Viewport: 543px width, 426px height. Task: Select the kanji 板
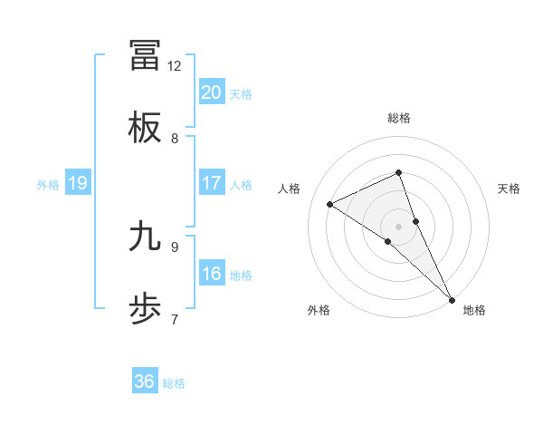tap(146, 128)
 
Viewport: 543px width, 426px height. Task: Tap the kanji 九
tap(146, 237)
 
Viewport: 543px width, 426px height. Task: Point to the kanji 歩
tap(146, 310)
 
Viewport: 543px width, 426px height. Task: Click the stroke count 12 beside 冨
tap(175, 66)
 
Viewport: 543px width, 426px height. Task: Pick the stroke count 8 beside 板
tap(175, 139)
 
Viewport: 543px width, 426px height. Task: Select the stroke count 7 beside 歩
tap(175, 319)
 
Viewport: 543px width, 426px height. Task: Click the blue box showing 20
tap(212, 92)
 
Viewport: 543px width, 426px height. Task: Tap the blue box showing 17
tap(212, 183)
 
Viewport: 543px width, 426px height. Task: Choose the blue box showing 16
tap(212, 274)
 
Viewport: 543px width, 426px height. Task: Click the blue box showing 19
tap(78, 183)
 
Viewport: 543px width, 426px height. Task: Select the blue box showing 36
tap(145, 382)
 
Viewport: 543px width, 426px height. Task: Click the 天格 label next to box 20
tap(241, 94)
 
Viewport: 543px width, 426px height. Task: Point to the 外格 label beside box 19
tap(48, 185)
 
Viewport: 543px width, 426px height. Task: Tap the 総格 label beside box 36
tap(174, 383)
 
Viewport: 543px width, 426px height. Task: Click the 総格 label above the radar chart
tap(399, 119)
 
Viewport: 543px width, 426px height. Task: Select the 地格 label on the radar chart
tap(474, 311)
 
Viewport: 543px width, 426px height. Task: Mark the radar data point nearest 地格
tap(452, 298)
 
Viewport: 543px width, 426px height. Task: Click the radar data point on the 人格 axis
tap(330, 204)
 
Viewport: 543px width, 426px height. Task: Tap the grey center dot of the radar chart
tap(399, 226)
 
